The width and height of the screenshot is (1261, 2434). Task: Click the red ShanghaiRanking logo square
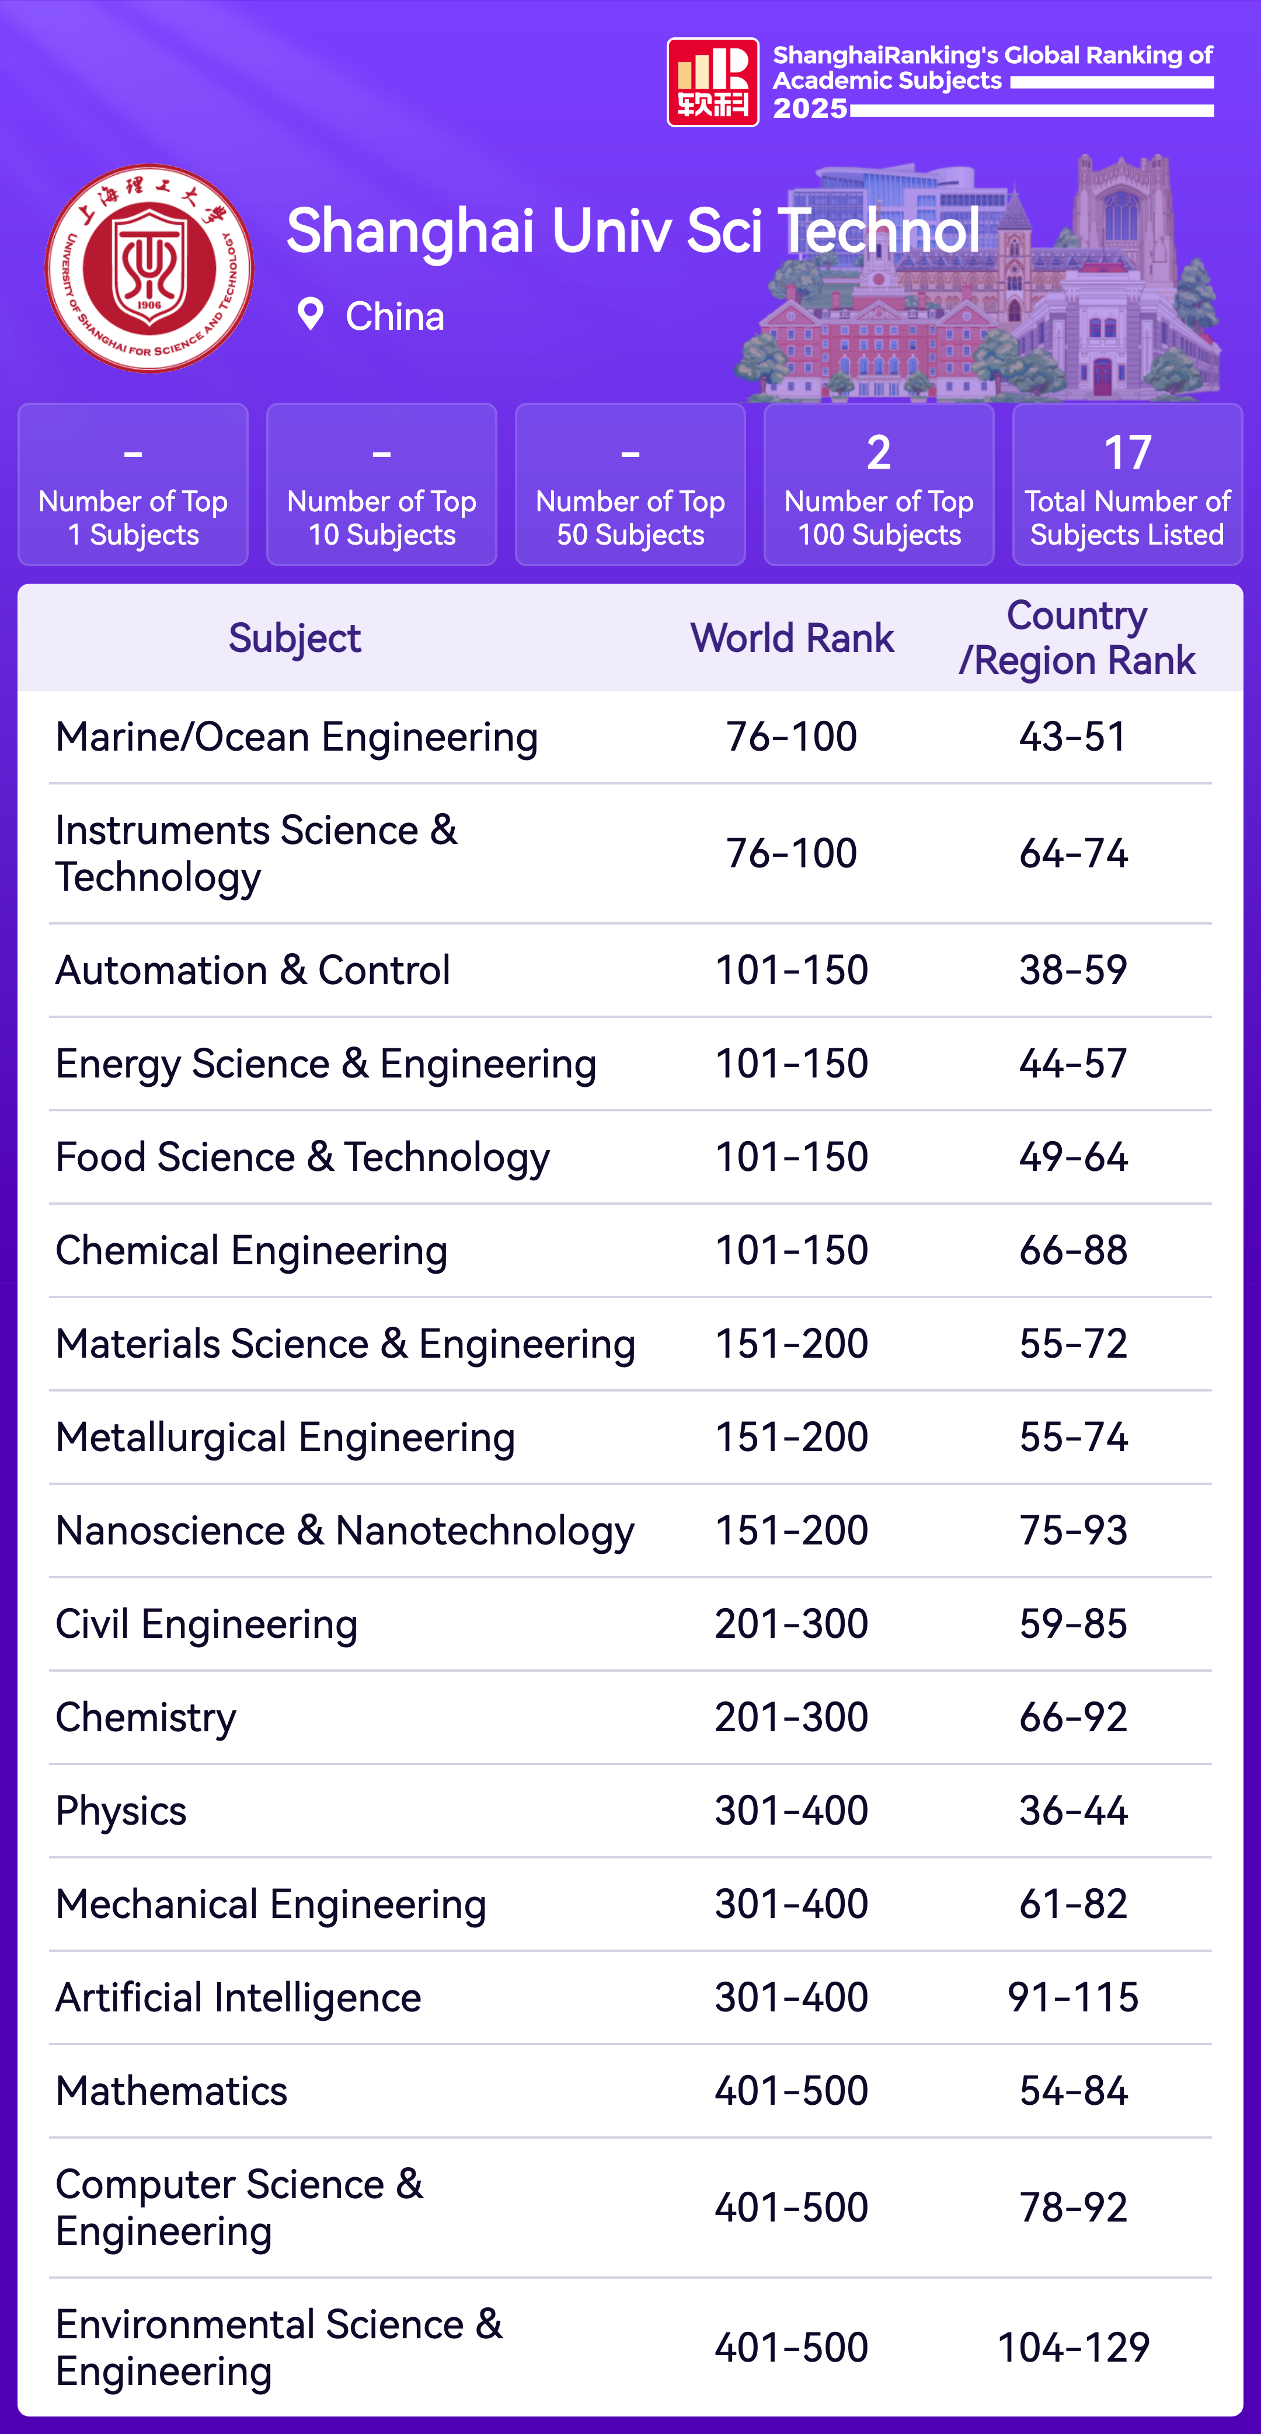click(x=713, y=82)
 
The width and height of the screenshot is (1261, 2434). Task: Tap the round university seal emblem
click(x=149, y=268)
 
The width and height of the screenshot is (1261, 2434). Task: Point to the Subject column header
click(x=294, y=638)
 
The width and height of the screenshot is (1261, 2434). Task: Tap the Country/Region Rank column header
click(x=1077, y=638)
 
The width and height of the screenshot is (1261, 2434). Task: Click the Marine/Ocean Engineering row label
click(x=296, y=737)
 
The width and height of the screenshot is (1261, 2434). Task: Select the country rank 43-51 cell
click(x=1073, y=737)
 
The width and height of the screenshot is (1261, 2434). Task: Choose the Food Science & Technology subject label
click(x=302, y=1157)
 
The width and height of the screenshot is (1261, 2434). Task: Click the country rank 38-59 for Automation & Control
click(x=1073, y=970)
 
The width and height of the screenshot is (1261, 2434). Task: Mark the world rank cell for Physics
click(x=791, y=1811)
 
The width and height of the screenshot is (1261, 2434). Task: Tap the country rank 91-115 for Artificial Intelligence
click(x=1073, y=1997)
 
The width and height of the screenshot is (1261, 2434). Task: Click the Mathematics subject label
click(x=171, y=2091)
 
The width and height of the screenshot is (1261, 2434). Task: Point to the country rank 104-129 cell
click(x=1073, y=2347)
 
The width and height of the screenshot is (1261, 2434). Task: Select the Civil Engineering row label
click(x=206, y=1624)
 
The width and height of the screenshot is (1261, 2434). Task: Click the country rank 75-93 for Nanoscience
click(x=1073, y=1530)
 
